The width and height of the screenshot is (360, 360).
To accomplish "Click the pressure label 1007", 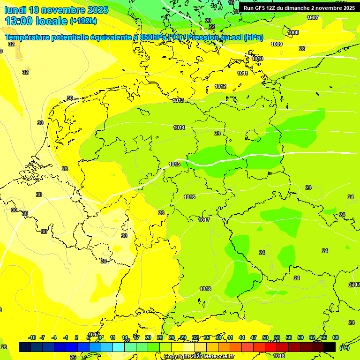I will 313,17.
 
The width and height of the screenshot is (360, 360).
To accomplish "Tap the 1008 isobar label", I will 293,32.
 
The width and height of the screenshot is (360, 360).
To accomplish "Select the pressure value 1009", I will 277,44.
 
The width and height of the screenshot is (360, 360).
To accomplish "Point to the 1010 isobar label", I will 257,59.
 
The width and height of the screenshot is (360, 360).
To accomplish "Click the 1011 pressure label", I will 242,73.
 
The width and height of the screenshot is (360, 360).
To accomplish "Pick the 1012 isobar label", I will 220,86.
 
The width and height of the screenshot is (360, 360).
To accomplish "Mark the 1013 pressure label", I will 178,100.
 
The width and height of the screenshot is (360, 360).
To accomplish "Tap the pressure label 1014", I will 179,127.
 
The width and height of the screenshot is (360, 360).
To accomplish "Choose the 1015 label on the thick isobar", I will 174,164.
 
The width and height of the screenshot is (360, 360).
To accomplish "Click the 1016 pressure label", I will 189,197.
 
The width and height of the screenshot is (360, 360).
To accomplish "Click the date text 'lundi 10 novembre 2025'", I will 56,10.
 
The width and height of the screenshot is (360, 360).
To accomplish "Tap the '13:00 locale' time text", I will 36,21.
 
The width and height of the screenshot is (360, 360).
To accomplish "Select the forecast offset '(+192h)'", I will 83,21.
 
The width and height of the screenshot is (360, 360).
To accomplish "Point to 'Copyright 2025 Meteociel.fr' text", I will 199,357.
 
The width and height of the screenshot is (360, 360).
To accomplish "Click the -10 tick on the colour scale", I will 32,337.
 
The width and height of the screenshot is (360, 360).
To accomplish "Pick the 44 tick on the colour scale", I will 241,337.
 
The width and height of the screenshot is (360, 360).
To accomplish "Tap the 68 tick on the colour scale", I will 336,337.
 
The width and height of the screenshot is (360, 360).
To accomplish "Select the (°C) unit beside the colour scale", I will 344,347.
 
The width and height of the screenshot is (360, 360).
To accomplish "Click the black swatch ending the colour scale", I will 330,347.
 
